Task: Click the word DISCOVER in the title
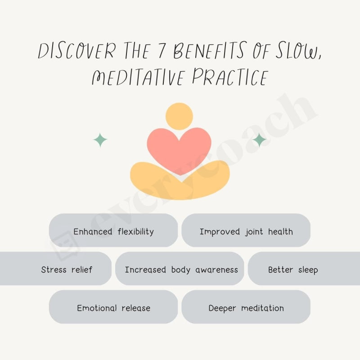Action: pos(76,52)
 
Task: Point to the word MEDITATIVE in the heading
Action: pos(137,77)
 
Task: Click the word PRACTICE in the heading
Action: pos(229,77)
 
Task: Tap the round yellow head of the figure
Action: pos(179,116)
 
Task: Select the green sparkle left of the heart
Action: pos(100,140)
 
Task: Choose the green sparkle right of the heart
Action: pos(259,140)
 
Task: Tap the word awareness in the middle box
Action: pos(216,270)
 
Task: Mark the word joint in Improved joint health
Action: pos(254,232)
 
